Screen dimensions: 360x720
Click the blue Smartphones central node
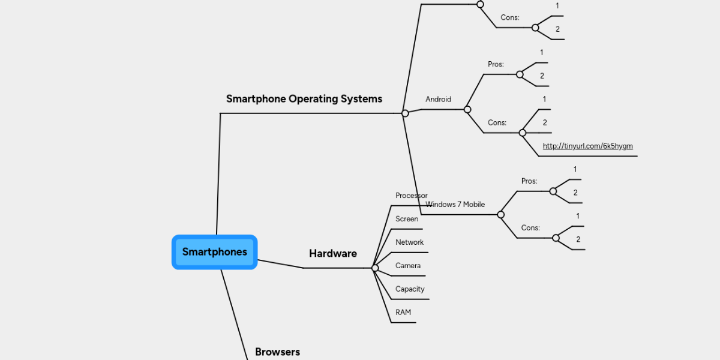tap(214, 252)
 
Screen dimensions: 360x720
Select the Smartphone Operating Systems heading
tap(304, 99)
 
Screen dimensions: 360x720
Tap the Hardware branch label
tap(332, 254)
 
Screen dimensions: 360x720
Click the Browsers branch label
tap(277, 352)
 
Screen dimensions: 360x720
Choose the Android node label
tap(438, 100)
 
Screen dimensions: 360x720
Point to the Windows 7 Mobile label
tap(455, 205)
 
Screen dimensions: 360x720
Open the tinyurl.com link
tap(587, 146)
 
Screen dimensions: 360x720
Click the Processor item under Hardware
tap(411, 196)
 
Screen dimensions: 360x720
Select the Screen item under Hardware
tap(406, 219)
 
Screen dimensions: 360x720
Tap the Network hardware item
tap(409, 242)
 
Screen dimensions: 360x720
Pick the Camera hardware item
tap(407, 266)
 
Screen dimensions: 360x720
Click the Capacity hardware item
tap(409, 289)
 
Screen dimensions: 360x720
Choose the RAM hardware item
tap(403, 313)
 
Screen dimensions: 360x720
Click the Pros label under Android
tap(496, 64)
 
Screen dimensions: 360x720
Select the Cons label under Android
tap(497, 122)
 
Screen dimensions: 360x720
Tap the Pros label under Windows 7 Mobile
tap(529, 181)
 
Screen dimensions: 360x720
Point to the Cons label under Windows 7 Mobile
tap(530, 228)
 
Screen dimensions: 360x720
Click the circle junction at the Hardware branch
tap(375, 268)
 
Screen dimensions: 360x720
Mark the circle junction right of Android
tap(467, 109)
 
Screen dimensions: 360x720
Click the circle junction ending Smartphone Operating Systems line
tap(405, 113)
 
